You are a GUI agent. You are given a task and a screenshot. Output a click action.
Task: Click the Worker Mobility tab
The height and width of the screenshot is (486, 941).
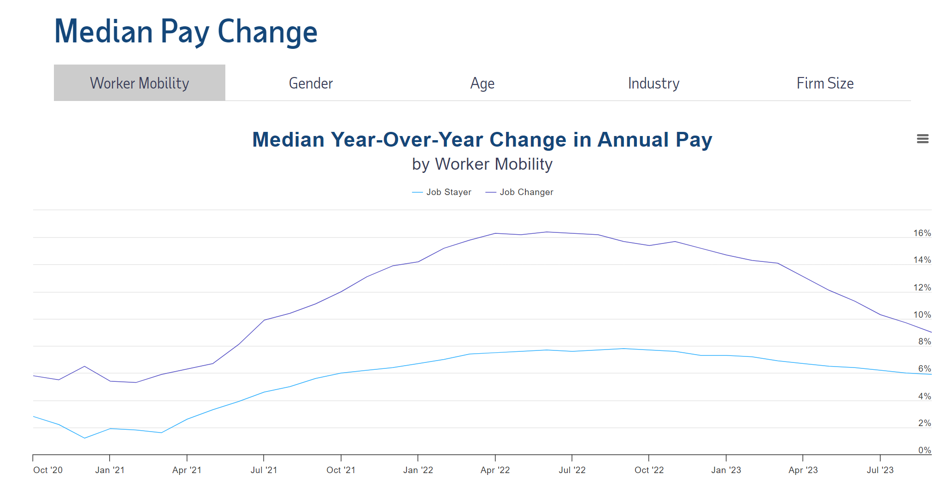[139, 83]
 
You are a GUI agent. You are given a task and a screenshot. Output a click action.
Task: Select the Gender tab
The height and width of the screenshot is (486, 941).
[311, 83]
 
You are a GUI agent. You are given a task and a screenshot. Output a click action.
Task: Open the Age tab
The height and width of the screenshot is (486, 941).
[482, 83]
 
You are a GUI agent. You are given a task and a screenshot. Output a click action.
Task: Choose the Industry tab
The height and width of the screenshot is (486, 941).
[653, 83]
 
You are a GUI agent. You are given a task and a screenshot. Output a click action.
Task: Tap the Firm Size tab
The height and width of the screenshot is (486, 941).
[825, 83]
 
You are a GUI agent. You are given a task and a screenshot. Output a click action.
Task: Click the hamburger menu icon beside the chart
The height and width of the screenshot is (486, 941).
[922, 139]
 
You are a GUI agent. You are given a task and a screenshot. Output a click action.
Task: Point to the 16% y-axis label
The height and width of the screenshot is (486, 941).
[922, 233]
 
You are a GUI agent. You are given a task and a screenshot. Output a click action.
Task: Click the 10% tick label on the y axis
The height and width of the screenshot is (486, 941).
[922, 315]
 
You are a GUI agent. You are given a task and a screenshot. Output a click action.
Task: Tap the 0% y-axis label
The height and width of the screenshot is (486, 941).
[924, 450]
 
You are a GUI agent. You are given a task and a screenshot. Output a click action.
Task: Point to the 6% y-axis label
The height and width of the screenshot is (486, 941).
[924, 369]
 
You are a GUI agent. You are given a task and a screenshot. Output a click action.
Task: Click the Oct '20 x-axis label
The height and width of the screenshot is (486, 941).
[48, 470]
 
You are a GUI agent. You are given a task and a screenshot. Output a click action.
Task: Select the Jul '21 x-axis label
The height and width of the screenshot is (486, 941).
[264, 470]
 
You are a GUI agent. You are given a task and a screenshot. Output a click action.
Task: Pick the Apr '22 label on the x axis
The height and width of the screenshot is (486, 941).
[495, 470]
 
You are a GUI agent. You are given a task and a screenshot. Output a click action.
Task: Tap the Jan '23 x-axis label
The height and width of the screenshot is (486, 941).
[726, 470]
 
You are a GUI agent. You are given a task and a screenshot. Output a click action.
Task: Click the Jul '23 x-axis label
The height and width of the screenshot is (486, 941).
[880, 470]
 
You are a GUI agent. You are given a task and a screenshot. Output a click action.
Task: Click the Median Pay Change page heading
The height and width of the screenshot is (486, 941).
[186, 31]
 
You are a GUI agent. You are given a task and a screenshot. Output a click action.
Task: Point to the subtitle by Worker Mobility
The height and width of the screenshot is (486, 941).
[482, 164]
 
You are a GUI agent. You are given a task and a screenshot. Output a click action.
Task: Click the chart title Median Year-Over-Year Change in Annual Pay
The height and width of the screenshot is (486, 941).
[482, 140]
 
